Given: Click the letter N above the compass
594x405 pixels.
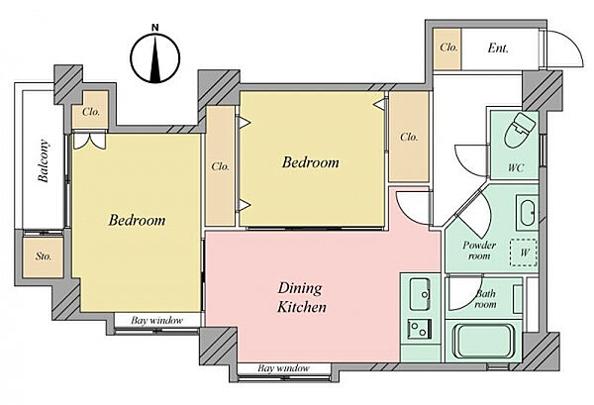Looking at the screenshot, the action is point(155,28).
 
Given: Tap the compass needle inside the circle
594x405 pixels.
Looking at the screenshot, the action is point(155,58).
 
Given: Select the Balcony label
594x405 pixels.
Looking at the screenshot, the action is point(44,161).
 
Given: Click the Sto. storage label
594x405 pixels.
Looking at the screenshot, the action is point(44,256).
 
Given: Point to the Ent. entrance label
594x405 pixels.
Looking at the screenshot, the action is point(498,49).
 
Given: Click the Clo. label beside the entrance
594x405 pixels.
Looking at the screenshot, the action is point(448,48).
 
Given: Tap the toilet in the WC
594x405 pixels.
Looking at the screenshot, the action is point(520,129).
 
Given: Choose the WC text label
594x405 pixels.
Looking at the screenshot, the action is point(516,167).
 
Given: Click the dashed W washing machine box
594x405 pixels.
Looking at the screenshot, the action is point(523,253).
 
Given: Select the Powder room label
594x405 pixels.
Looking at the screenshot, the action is point(479,251).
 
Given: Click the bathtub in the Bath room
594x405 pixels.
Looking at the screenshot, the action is point(484,341).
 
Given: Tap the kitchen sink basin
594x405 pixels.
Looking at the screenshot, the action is point(420,290).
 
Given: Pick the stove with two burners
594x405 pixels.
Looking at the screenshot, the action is point(420,329).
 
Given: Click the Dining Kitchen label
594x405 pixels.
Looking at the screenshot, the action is point(302,297).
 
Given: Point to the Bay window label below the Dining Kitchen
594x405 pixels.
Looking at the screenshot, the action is point(284,368).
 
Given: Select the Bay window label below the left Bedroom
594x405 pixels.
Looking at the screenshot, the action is point(156,321).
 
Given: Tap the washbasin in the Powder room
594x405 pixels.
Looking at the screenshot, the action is point(527,213).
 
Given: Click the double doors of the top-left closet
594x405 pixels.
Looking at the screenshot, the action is point(89,140).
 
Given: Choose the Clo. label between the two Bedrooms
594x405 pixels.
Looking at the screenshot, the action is point(221,166).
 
